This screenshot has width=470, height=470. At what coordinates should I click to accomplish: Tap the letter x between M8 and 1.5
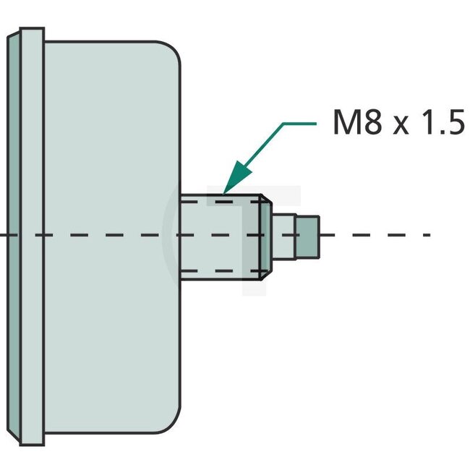coord(400,126)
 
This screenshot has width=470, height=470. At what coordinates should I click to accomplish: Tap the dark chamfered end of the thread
coord(265,236)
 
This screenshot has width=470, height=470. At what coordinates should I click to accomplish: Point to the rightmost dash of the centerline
coord(426,235)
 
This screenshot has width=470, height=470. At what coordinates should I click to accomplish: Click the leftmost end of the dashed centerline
coord(4,235)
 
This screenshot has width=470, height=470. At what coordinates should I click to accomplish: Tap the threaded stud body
coord(217,236)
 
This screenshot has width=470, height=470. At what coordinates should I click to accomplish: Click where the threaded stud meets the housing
coord(181,236)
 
